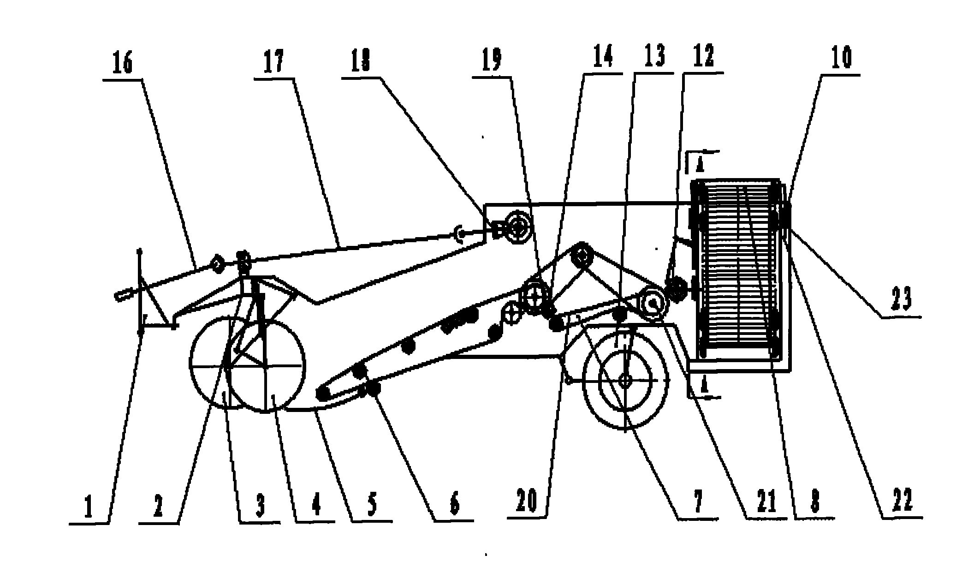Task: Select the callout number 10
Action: pos(840,58)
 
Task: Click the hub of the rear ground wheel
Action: pos(625,381)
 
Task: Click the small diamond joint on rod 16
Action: pos(216,264)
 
